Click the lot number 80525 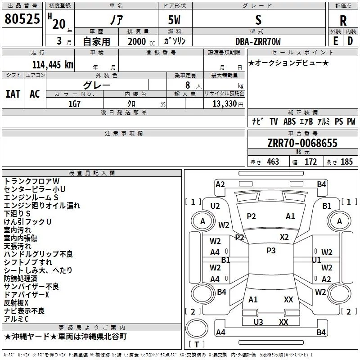pos(22,19)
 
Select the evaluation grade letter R pos(343,21)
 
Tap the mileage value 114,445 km pos(53,64)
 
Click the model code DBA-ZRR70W pos(258,41)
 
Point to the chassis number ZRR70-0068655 pos(302,143)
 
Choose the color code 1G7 pos(74,104)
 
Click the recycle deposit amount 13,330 pos(225,104)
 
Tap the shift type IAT pos(13,94)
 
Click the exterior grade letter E pos(335,41)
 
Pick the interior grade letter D pos(350,41)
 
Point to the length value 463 pos(273,162)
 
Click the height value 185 pos(346,162)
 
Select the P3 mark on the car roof pos(271,251)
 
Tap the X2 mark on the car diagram pos(284,237)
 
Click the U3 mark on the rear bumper pos(258,322)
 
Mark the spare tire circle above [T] pos(197,328)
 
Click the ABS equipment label pos(289,121)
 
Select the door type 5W pos(174,20)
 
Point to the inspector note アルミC pos(16,319)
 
